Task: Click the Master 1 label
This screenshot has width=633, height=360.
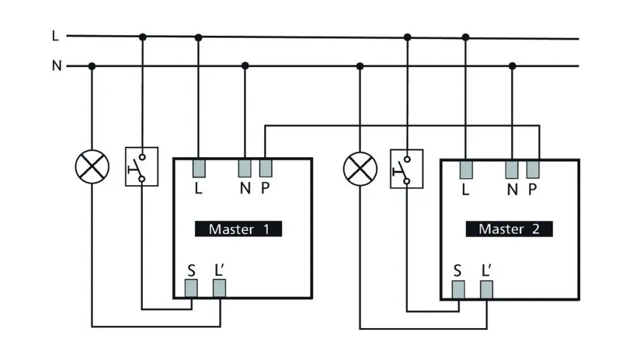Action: tap(238, 229)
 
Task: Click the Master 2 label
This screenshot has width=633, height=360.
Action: tap(509, 229)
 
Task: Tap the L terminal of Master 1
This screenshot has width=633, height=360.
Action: tap(199, 168)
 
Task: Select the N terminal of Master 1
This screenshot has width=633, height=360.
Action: tap(245, 168)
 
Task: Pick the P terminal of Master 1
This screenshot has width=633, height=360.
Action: tap(265, 168)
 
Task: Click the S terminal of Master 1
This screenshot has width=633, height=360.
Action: tap(191, 288)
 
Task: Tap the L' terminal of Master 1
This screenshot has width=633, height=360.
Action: tap(219, 288)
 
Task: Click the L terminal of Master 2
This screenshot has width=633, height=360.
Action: tap(465, 170)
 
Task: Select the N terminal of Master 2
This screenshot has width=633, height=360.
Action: tap(512, 170)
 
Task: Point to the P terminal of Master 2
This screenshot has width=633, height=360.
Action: tap(533, 170)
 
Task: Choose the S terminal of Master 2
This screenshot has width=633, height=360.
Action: tap(459, 289)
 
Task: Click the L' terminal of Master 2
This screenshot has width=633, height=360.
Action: tap(486, 289)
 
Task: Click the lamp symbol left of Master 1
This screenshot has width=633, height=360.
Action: tap(91, 168)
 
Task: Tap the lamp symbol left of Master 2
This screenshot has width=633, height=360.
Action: tap(360, 168)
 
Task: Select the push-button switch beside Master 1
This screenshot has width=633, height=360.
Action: tap(142, 167)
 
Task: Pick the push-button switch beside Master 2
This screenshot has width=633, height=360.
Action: tap(407, 169)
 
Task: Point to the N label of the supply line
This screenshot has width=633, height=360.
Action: tap(56, 66)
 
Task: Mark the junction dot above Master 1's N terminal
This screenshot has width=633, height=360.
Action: tap(245, 66)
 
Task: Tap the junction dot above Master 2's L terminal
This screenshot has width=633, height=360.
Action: tap(465, 37)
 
